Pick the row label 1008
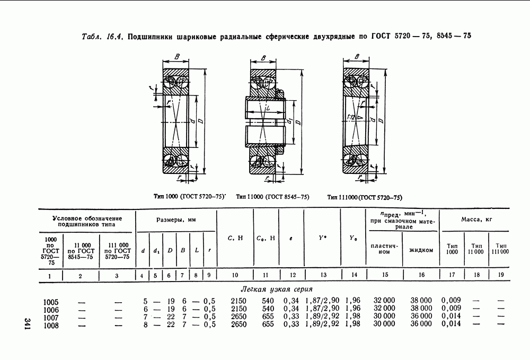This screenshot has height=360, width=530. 51,324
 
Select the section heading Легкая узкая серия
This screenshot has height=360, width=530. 276,290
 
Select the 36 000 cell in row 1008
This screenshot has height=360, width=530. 422,324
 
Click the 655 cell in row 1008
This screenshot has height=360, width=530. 269,324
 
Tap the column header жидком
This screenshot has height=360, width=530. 421,249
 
